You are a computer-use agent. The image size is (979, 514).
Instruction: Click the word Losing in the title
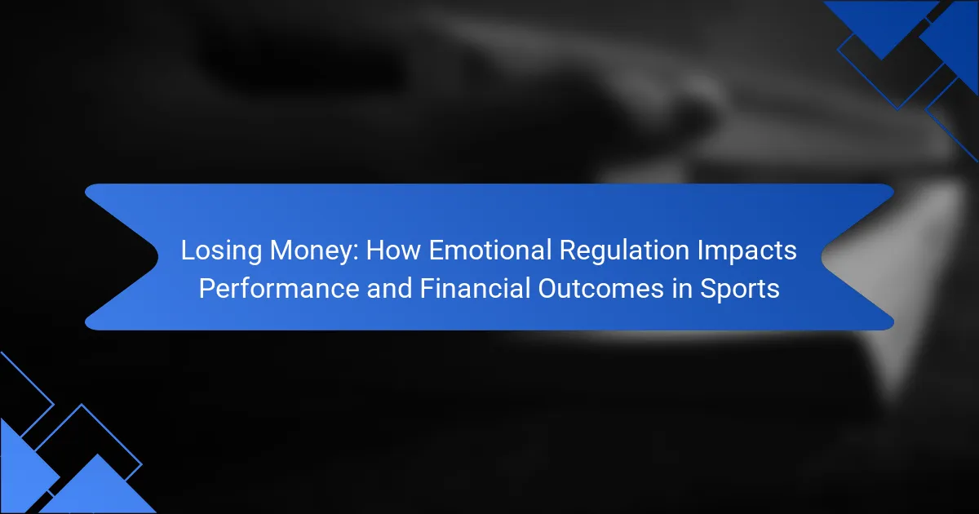click(x=221, y=251)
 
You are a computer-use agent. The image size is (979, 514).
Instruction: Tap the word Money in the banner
click(x=311, y=251)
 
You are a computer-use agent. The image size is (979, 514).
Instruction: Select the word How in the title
click(x=393, y=250)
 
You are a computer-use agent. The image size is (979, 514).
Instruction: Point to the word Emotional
click(x=489, y=250)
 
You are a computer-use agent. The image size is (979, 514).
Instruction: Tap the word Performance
click(x=279, y=289)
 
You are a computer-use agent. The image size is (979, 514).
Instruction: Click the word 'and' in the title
click(x=389, y=289)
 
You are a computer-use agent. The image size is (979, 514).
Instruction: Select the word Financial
click(x=475, y=289)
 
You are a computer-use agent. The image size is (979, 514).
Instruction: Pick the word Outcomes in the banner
click(x=601, y=289)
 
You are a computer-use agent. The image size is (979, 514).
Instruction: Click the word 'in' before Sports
click(x=682, y=289)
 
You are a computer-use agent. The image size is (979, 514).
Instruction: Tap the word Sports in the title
click(x=740, y=290)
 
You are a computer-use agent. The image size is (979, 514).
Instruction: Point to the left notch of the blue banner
click(x=157, y=257)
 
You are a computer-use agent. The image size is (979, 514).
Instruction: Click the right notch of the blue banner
click(x=822, y=257)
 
